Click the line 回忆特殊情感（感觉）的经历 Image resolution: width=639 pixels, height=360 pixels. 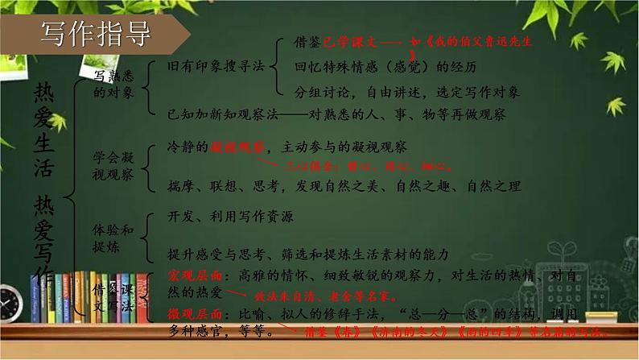[x=374, y=65]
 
